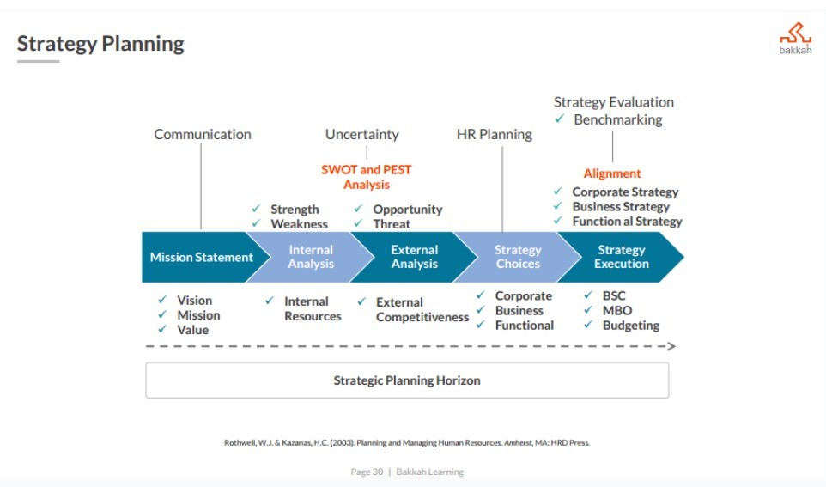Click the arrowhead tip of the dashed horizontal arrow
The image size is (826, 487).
676,346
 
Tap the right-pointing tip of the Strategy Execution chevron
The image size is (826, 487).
683,257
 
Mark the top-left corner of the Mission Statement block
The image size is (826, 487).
143,233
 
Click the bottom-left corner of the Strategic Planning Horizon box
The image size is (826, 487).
146,398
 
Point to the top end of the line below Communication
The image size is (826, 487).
201,143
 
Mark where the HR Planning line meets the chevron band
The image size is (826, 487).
502,232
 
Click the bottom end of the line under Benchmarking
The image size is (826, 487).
613,161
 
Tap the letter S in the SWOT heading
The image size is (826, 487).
325,170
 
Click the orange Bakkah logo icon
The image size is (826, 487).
795,33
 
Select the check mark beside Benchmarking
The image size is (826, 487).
560,119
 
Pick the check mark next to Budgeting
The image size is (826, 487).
588,325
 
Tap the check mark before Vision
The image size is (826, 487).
162,300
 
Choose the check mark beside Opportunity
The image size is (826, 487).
358,209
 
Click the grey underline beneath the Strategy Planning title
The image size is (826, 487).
38,61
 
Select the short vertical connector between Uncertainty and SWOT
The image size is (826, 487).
367,152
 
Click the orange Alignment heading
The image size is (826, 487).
612,173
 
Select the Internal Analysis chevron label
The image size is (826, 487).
311,257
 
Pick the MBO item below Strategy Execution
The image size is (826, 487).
617,310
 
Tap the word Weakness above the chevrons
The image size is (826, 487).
299,224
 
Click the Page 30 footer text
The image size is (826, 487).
367,472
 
